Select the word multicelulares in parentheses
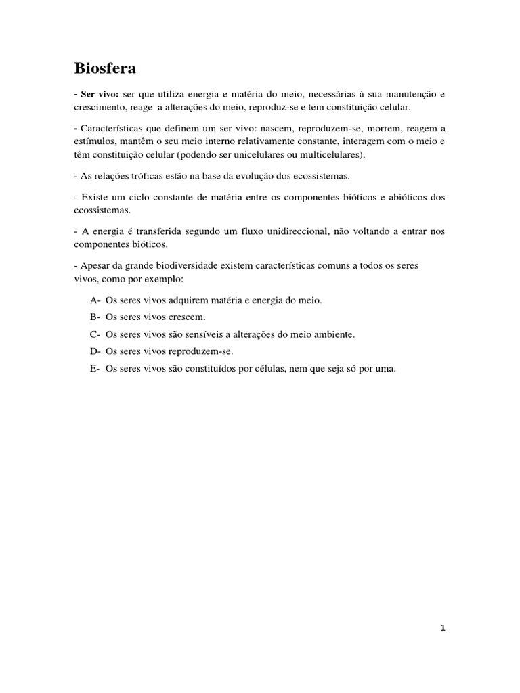[x=332, y=154]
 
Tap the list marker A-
[x=95, y=300]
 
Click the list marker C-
[x=95, y=334]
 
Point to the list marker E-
[x=95, y=369]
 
